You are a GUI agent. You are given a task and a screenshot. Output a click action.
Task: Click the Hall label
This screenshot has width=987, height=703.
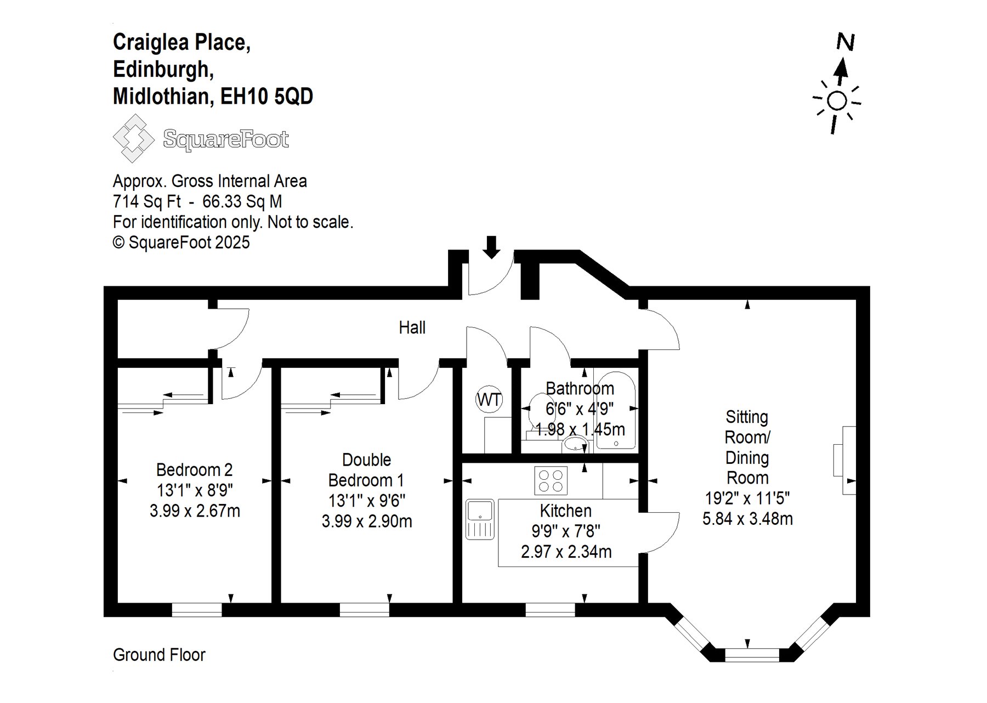click(x=412, y=327)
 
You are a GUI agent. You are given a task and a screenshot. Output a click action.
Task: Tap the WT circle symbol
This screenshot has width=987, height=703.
click(x=489, y=400)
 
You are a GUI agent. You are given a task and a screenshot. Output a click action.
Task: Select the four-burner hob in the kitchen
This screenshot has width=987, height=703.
click(x=551, y=481)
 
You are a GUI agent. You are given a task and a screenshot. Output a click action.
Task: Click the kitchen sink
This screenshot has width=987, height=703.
click(x=480, y=519)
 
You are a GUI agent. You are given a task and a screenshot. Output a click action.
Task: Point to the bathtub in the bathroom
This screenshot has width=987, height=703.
click(x=616, y=410)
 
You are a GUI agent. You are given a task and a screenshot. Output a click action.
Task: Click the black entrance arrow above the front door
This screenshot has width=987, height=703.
click(x=492, y=247)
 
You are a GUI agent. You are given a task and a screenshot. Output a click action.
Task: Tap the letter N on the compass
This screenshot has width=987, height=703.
click(x=846, y=42)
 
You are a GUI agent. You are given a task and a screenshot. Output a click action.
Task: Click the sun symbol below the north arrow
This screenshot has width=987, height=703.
click(x=837, y=102)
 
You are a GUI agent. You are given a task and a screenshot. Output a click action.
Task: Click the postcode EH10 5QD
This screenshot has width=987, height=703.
click(x=266, y=97)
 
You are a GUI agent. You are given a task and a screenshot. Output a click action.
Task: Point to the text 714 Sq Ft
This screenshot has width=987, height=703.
click(x=146, y=202)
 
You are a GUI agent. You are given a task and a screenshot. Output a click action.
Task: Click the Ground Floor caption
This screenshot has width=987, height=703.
click(x=159, y=655)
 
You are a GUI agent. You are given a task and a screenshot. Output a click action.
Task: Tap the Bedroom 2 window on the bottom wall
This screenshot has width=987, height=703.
click(x=197, y=610)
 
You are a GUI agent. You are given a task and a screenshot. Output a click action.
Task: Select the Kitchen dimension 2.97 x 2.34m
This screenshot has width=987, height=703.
click(x=566, y=552)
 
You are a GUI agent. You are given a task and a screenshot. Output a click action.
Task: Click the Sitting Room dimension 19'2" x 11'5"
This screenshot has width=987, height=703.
click(x=747, y=498)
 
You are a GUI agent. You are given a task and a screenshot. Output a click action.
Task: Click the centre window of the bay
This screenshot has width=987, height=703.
click(x=752, y=655)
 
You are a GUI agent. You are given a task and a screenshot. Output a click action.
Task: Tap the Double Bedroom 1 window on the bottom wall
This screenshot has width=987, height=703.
click(x=365, y=610)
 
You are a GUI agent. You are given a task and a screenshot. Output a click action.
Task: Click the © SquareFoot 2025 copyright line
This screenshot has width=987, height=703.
click(x=181, y=242)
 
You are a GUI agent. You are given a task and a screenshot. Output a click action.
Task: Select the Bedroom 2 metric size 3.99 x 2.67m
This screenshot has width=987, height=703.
click(x=195, y=511)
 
